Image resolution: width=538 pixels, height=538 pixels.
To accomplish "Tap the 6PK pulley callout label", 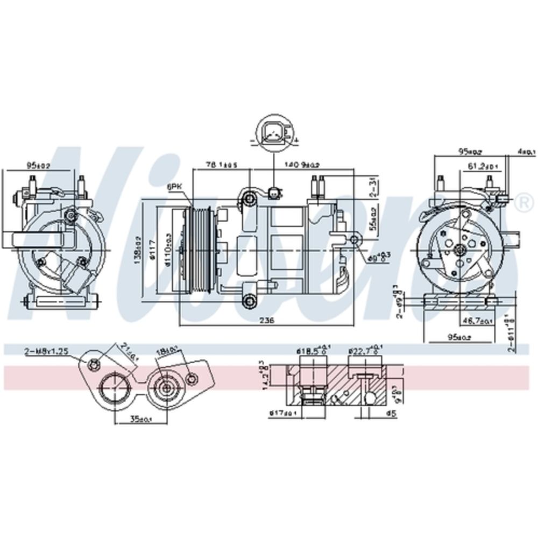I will click(x=174, y=186).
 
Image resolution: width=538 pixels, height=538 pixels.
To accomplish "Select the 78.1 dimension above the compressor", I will click(x=222, y=164).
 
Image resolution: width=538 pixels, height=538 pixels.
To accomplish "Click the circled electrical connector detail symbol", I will click(x=273, y=133).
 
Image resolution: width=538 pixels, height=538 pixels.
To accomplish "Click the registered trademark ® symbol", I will click(x=522, y=202).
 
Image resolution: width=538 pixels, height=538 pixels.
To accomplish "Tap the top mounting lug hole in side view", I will click(x=250, y=200).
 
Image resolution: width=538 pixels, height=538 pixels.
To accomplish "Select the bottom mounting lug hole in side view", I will click(x=250, y=301).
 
